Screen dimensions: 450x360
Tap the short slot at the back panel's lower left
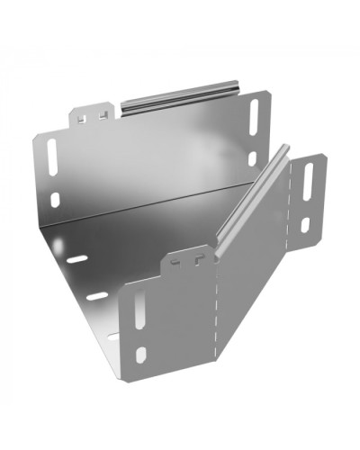pos(55,200)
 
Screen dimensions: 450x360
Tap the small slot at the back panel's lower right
pos(252,158)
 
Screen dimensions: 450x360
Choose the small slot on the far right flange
pos(304,225)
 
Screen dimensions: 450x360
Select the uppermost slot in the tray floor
pos(77,259)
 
